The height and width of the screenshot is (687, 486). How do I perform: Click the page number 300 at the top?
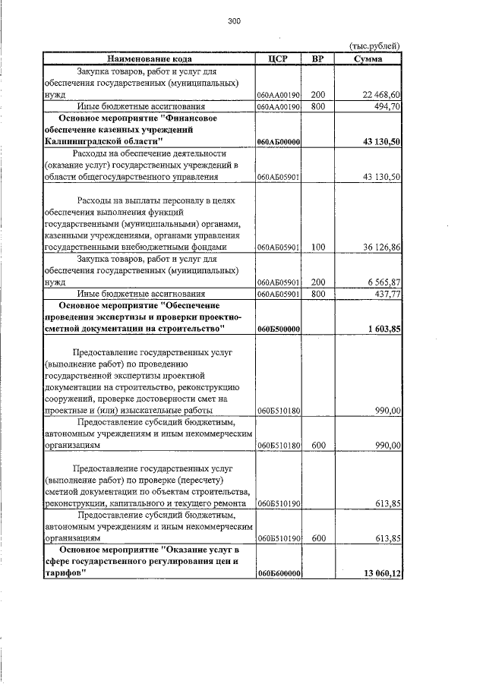[x=233, y=21]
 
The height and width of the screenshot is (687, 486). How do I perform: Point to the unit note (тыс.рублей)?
[x=374, y=46]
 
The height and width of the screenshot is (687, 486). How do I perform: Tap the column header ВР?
[x=318, y=58]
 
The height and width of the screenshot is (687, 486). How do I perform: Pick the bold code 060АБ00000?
[x=279, y=142]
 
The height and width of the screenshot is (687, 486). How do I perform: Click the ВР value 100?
[x=318, y=247]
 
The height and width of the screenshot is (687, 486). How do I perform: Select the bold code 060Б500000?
[x=279, y=329]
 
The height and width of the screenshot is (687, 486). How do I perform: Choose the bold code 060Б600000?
[x=279, y=573]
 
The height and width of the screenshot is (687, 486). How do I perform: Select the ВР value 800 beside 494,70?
[x=318, y=107]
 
